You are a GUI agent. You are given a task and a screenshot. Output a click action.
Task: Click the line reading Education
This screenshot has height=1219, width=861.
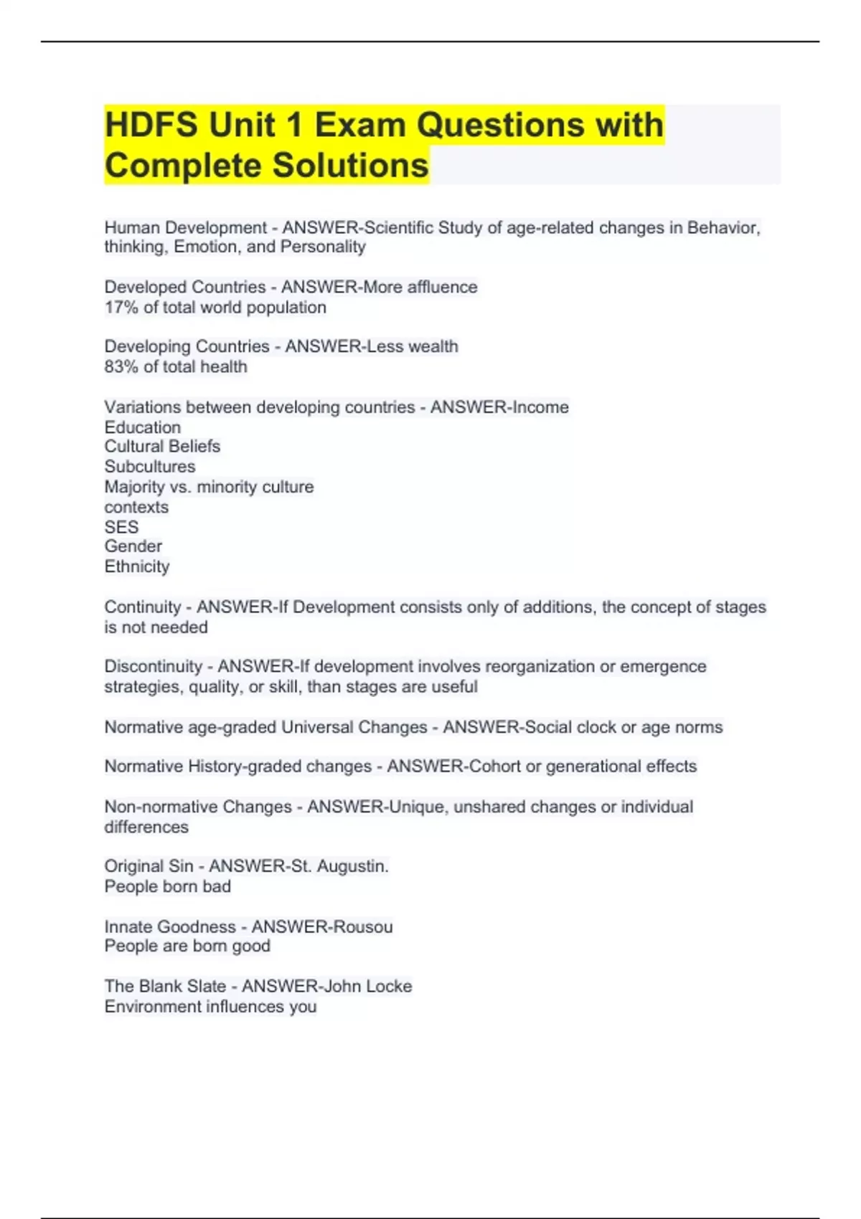click(143, 427)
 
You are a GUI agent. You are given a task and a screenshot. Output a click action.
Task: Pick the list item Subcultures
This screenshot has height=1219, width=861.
click(150, 466)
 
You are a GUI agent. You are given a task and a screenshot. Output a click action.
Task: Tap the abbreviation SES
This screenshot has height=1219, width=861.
click(121, 527)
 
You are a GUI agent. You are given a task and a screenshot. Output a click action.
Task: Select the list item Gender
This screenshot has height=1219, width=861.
click(133, 546)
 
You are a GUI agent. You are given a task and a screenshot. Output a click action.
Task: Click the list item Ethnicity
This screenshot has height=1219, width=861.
click(137, 566)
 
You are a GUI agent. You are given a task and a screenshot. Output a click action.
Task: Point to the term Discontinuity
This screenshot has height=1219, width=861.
click(153, 666)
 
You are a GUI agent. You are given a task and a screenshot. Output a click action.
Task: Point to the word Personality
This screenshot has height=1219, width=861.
click(323, 247)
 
